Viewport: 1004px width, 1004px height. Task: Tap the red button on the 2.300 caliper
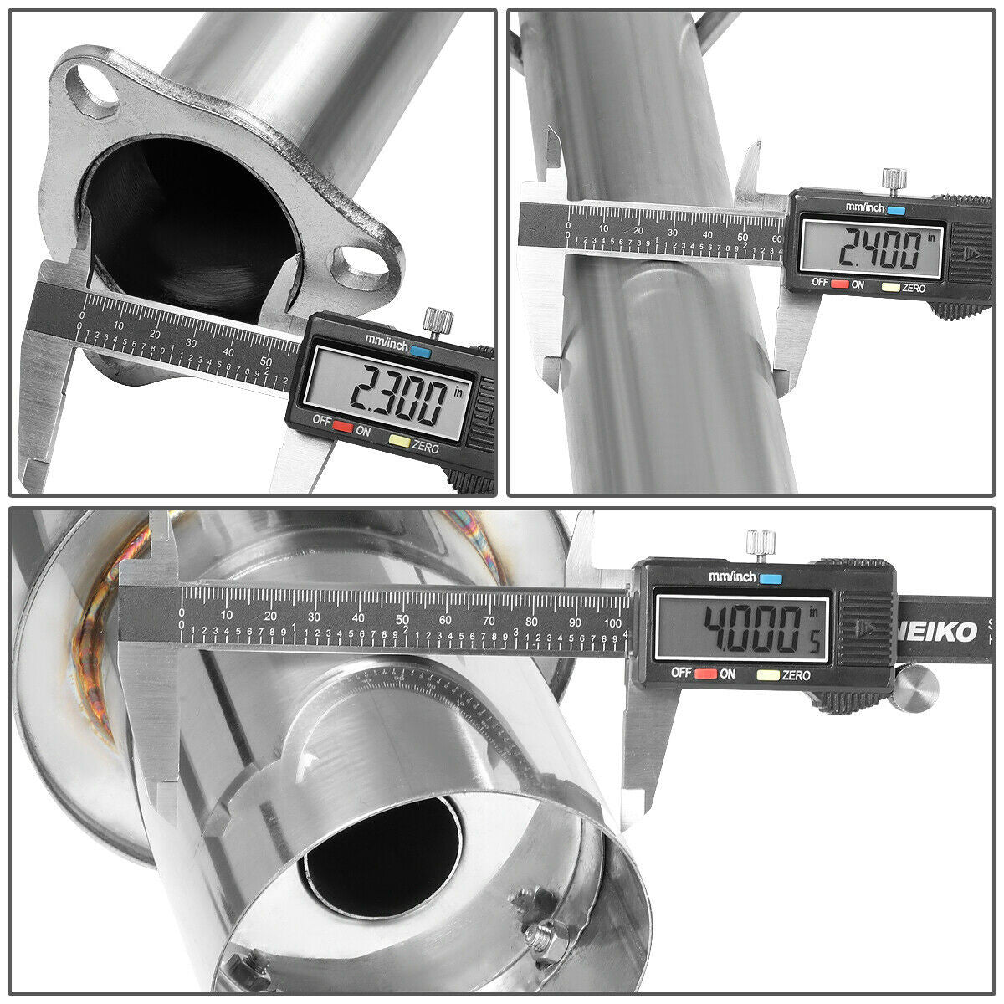coord(341,427)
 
